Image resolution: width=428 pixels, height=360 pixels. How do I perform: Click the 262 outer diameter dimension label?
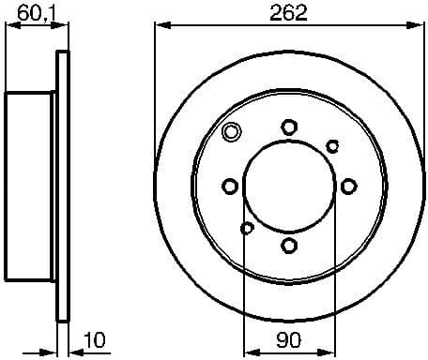click(x=289, y=12)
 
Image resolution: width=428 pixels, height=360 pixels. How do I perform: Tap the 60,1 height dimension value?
click(x=35, y=12)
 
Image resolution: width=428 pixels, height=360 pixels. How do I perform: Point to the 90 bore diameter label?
click(x=289, y=337)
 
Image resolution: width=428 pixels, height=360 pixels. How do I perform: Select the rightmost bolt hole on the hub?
click(x=349, y=187)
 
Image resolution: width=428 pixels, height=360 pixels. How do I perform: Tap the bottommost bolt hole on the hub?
click(x=289, y=246)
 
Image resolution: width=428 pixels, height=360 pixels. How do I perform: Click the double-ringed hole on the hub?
click(x=230, y=132)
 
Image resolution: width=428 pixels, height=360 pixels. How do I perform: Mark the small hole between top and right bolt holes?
click(x=332, y=145)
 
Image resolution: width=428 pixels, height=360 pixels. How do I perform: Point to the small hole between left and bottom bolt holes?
click(x=247, y=228)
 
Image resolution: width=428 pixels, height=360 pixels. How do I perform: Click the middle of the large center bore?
click(x=289, y=187)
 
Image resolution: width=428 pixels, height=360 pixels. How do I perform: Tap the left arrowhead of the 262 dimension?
click(x=160, y=26)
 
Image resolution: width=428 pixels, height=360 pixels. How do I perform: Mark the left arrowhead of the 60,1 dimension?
click(x=11, y=26)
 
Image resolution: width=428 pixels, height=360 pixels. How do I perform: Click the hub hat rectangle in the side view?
click(x=32, y=187)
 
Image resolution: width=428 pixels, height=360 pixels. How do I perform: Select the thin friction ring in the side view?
click(x=64, y=187)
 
